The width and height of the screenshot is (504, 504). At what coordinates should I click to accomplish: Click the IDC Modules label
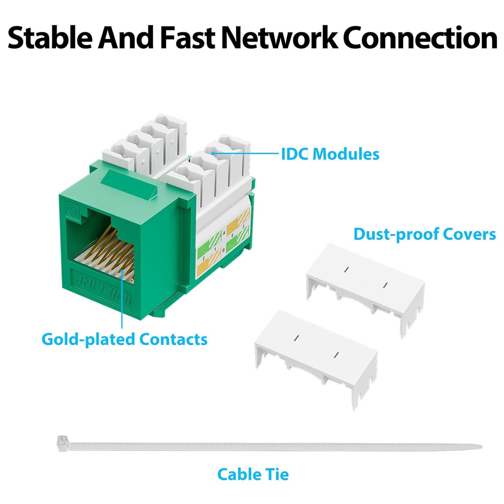pyautogui.click(x=330, y=154)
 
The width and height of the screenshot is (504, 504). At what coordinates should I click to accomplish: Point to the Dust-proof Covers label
pyautogui.click(x=424, y=234)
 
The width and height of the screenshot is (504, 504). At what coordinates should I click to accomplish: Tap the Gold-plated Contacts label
pyautogui.click(x=125, y=339)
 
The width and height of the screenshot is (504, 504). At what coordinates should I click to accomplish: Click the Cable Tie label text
pyautogui.click(x=253, y=474)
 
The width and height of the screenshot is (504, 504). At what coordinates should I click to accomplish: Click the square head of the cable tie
pyautogui.click(x=62, y=442)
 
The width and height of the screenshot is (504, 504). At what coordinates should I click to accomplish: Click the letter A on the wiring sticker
pyautogui.click(x=224, y=233)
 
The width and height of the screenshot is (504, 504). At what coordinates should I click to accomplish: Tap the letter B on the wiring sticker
pyautogui.click(x=223, y=250)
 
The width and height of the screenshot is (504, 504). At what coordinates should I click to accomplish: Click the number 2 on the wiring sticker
pyautogui.click(x=203, y=258)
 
